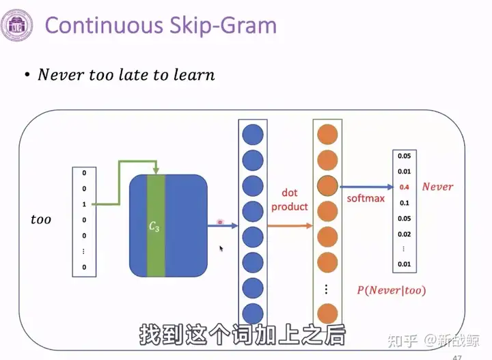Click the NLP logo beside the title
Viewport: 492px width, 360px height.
(16, 25)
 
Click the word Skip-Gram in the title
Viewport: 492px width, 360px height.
(223, 26)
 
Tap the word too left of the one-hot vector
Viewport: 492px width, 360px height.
(41, 219)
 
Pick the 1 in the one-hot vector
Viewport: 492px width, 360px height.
(84, 204)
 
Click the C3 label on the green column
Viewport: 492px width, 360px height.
(154, 226)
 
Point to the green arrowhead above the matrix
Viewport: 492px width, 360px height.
(156, 171)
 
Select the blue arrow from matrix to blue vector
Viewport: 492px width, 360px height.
(223, 225)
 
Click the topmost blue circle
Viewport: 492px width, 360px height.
(253, 135)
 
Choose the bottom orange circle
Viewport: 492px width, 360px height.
(327, 314)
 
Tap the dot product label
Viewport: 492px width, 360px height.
(289, 199)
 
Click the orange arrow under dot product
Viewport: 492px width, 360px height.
(290, 225)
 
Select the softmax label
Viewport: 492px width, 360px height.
(366, 198)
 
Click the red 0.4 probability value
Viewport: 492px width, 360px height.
(404, 187)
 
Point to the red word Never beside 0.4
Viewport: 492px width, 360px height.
(437, 187)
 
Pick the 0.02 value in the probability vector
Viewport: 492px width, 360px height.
(404, 234)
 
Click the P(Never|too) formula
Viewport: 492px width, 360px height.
(392, 290)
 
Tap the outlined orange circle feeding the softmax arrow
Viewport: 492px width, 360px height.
(327, 186)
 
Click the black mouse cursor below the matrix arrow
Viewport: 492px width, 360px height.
(221, 249)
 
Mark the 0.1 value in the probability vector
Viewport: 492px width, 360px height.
(404, 203)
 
